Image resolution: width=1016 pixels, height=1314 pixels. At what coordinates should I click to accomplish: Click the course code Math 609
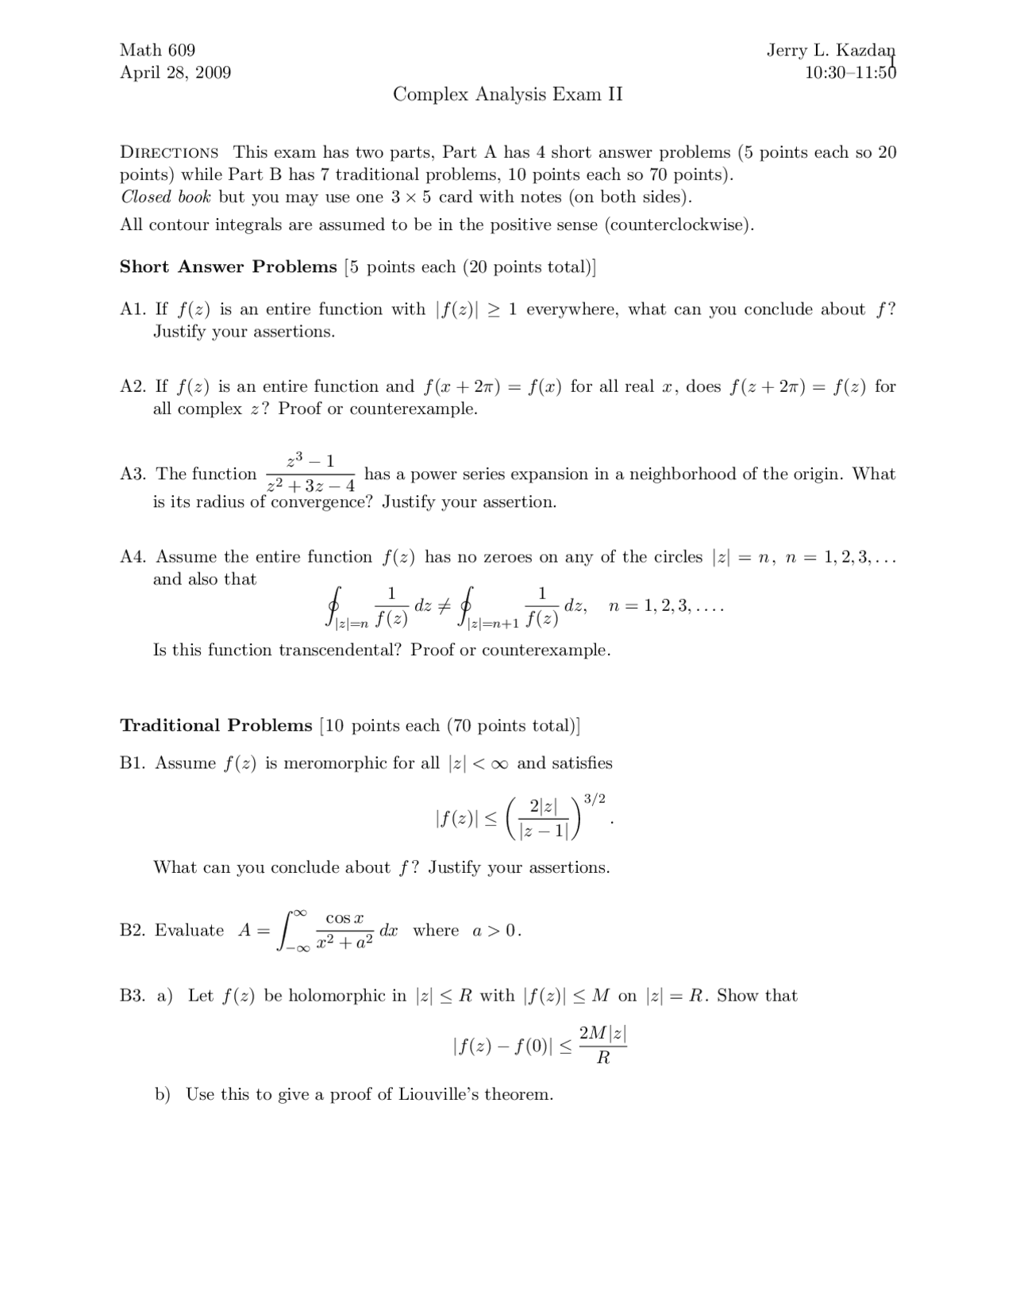[x=157, y=51]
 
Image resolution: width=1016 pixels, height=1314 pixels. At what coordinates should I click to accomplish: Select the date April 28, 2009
[x=175, y=73]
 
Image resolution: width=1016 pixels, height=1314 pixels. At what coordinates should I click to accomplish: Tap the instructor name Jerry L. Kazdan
[x=830, y=51]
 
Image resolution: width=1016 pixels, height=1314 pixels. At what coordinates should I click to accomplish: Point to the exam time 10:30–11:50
[x=849, y=73]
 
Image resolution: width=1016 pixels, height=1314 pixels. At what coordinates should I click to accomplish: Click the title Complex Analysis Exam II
[x=508, y=95]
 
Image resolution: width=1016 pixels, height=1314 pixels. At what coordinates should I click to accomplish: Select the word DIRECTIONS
[x=169, y=152]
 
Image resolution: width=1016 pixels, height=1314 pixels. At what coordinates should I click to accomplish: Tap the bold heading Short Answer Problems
[x=229, y=267]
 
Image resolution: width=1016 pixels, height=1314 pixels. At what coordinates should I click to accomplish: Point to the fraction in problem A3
[x=310, y=473]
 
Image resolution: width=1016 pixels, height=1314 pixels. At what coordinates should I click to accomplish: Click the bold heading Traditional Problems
[x=216, y=726]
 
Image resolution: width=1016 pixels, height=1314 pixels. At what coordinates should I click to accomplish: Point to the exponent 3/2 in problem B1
[x=595, y=799]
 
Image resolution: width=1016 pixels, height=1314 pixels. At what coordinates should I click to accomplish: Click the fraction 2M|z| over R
[x=603, y=1045]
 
